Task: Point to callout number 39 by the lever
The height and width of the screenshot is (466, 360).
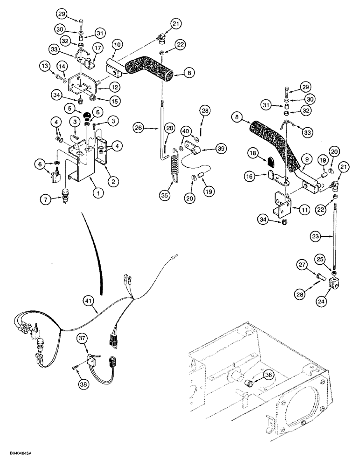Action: pos(221,148)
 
